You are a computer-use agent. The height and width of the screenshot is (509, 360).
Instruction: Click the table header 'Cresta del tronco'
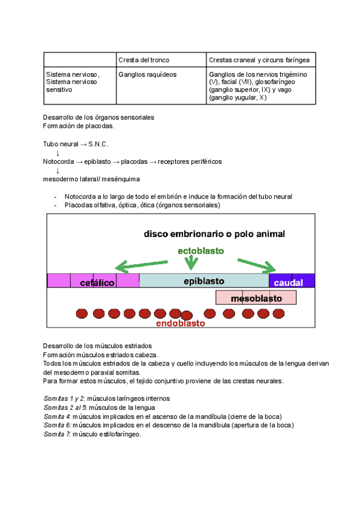coord(144,60)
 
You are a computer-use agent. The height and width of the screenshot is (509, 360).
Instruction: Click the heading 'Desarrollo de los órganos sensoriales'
coord(99,117)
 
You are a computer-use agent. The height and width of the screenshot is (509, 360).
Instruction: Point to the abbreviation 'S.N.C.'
coord(98,145)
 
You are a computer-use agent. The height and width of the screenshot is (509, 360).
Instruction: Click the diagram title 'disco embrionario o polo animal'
coord(214,233)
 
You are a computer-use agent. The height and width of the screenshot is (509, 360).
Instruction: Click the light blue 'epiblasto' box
coord(204,280)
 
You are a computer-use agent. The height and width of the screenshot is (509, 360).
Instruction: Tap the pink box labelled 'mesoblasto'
coord(256,298)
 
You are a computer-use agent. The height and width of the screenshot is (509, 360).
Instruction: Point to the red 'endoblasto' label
coord(181,324)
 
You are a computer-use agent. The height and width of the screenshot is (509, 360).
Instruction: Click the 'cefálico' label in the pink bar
coord(97,283)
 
